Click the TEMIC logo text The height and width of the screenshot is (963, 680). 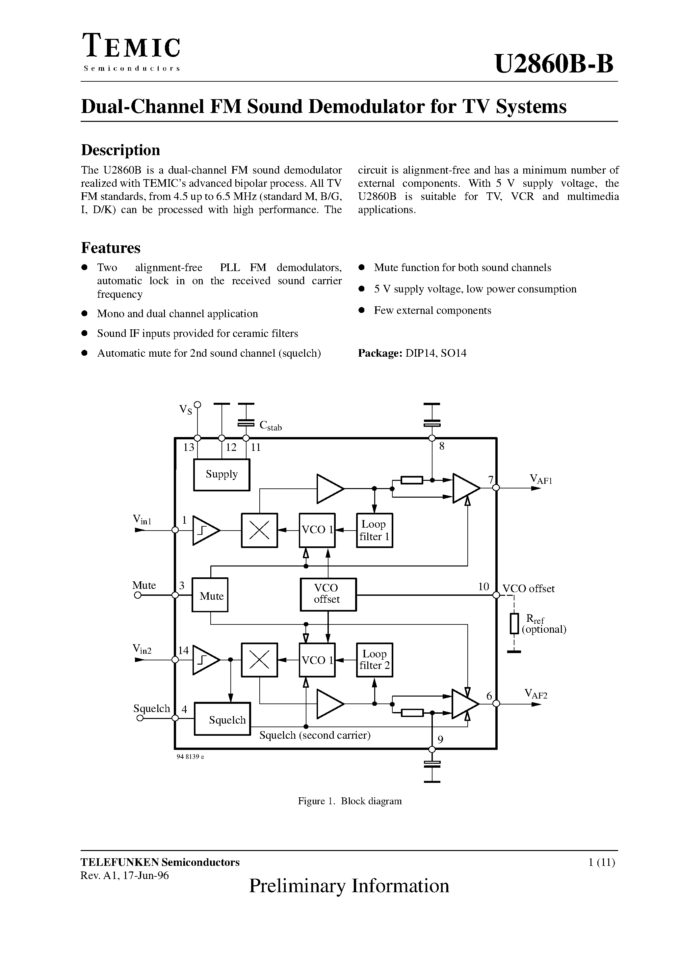coord(132,46)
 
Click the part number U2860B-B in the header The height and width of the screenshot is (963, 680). coord(554,64)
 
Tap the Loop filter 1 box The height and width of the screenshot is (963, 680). coord(374,530)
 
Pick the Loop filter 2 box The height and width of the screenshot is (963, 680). coord(374,659)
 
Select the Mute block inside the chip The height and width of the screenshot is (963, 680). coord(210,595)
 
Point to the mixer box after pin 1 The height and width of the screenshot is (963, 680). coord(259,530)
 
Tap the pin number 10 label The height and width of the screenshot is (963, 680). coord(484,586)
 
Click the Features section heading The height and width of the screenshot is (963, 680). coord(111,248)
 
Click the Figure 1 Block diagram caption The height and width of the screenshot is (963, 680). coord(350,801)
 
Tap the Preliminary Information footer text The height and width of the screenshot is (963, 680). coord(349,886)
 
